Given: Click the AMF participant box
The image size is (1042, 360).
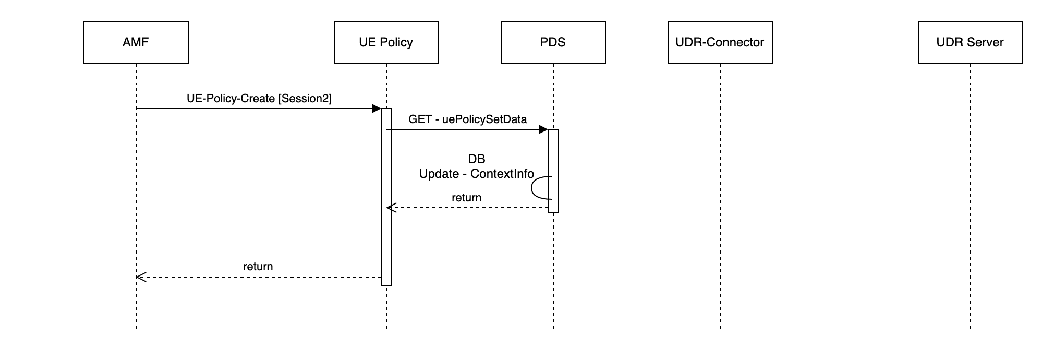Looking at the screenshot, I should pos(136,43).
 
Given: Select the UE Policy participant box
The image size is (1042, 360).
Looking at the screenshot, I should pos(386,43).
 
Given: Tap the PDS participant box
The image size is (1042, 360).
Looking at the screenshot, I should pos(553,43).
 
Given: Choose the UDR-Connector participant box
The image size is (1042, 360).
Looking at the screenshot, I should pos(720,43).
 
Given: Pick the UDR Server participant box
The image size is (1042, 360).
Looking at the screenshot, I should pos(970,43).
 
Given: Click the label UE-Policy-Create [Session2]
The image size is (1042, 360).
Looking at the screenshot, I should pos(259,99).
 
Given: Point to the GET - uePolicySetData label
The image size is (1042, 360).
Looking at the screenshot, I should pos(467,119).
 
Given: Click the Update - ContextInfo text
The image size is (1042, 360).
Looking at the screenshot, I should pos(476,174).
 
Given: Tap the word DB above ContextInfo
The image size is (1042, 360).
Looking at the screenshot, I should pos(477,159).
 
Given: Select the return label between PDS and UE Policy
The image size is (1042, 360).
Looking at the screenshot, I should pos(466,198).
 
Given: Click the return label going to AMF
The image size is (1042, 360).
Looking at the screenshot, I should pos(258,267).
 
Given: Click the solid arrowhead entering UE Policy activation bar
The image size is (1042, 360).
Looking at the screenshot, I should pos(376,109).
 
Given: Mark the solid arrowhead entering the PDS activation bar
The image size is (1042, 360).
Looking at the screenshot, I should pos(543,129).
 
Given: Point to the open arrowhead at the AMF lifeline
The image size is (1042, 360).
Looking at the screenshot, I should pos(140,277).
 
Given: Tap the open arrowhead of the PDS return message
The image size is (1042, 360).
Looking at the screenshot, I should pos(391,208).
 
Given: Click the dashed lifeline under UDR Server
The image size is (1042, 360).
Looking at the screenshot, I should pos(970,209).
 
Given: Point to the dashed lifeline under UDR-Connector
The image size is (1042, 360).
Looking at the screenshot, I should pos(720,209).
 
